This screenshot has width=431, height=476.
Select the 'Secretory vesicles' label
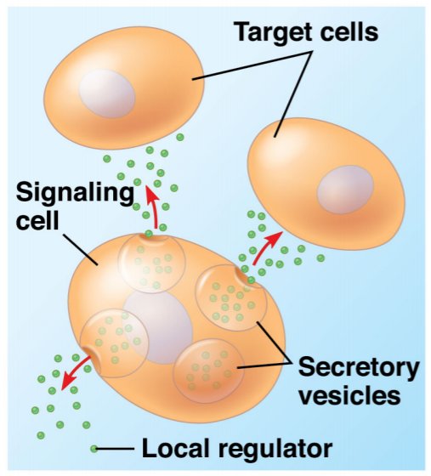coord(358,381)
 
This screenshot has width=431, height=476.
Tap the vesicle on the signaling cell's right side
coord(229,297)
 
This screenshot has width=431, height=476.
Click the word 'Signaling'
coord(75,192)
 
